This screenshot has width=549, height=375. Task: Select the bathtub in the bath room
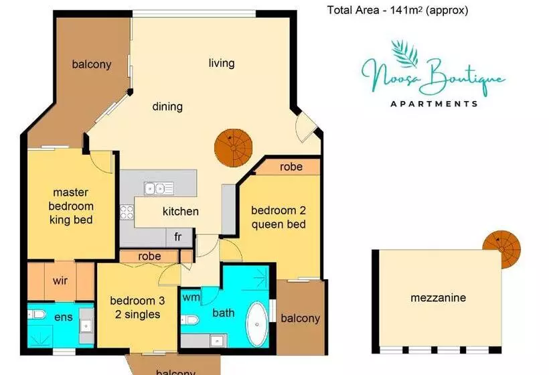[x=256, y=323]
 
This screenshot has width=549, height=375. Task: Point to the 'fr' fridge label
[x=178, y=236]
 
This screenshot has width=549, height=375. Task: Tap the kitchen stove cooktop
[x=127, y=212]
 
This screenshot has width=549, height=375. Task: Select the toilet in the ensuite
[x=37, y=314]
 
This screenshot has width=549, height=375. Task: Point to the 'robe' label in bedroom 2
[x=291, y=167]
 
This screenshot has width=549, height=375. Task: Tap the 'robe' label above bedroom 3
[x=149, y=256]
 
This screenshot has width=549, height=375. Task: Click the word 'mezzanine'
[x=438, y=298]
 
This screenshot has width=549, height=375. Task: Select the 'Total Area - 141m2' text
[x=397, y=10]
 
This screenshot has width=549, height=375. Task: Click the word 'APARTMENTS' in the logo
[x=434, y=104]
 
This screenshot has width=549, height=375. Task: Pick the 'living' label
[x=221, y=63]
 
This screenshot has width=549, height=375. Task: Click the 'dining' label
[x=167, y=106]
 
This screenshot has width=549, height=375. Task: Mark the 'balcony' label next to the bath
[x=301, y=318]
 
